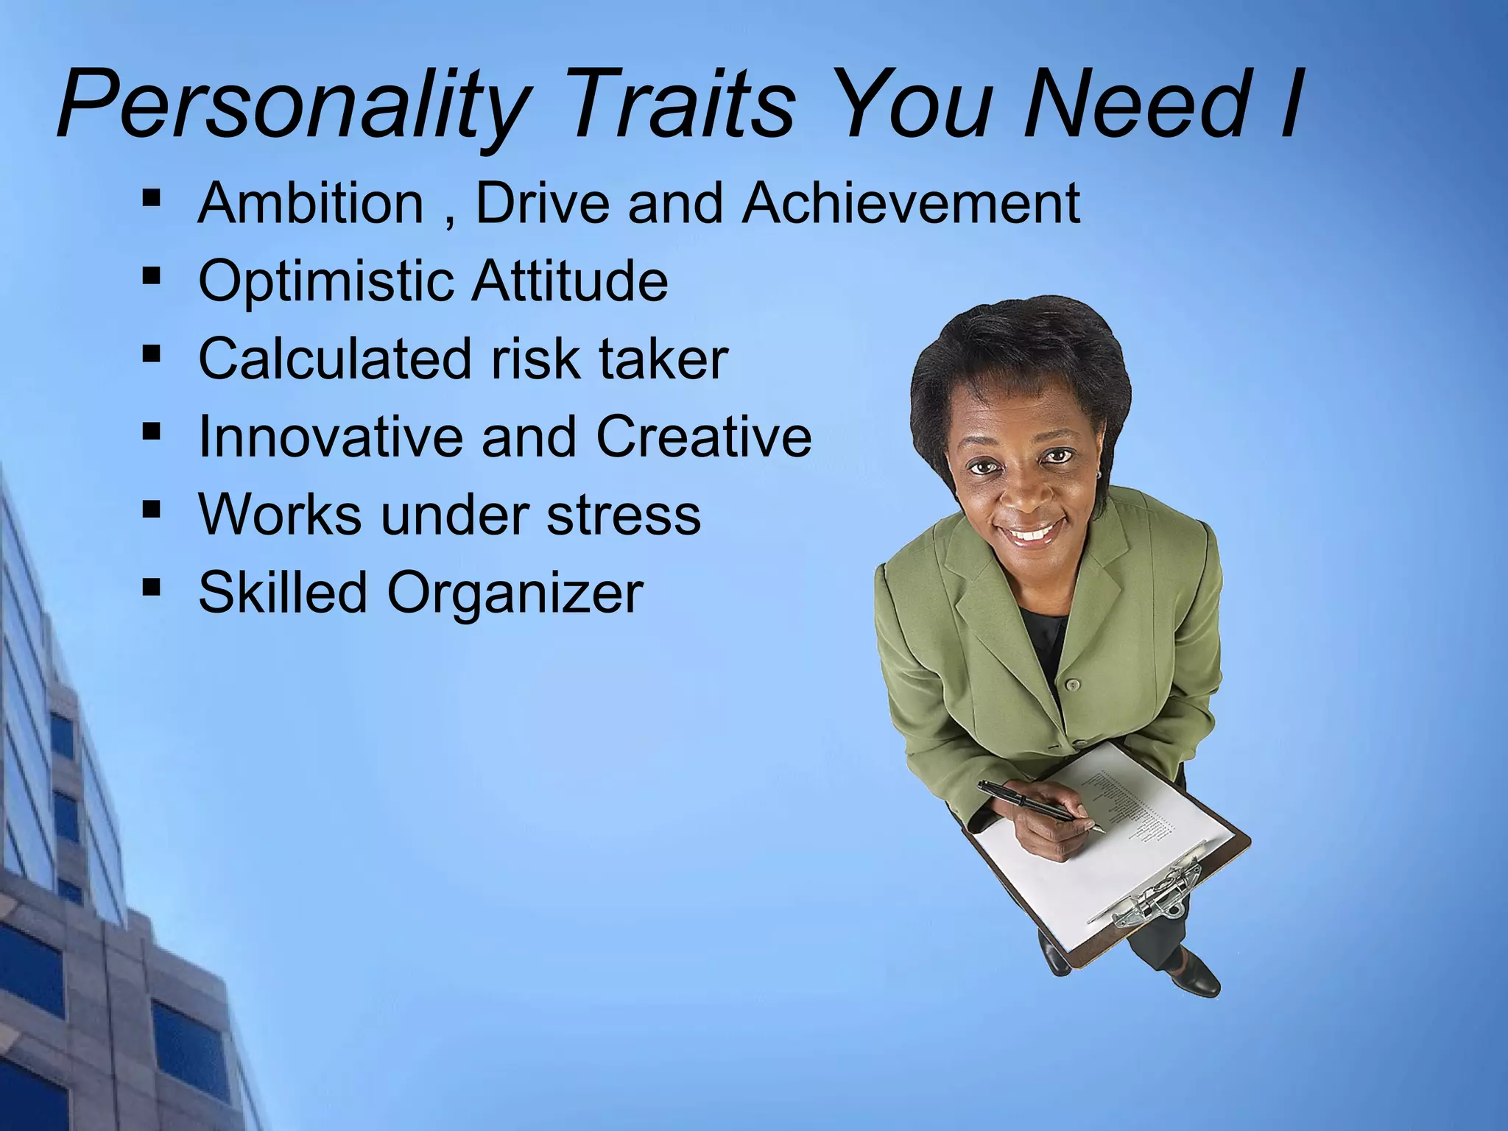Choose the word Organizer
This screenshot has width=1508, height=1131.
pyautogui.click(x=515, y=593)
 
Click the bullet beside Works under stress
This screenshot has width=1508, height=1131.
pyautogui.click(x=152, y=508)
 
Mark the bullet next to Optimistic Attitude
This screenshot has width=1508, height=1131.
pyautogui.click(x=152, y=275)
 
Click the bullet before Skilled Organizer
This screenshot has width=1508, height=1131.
pyautogui.click(x=152, y=586)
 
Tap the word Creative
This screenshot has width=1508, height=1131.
pyautogui.click(x=703, y=437)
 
